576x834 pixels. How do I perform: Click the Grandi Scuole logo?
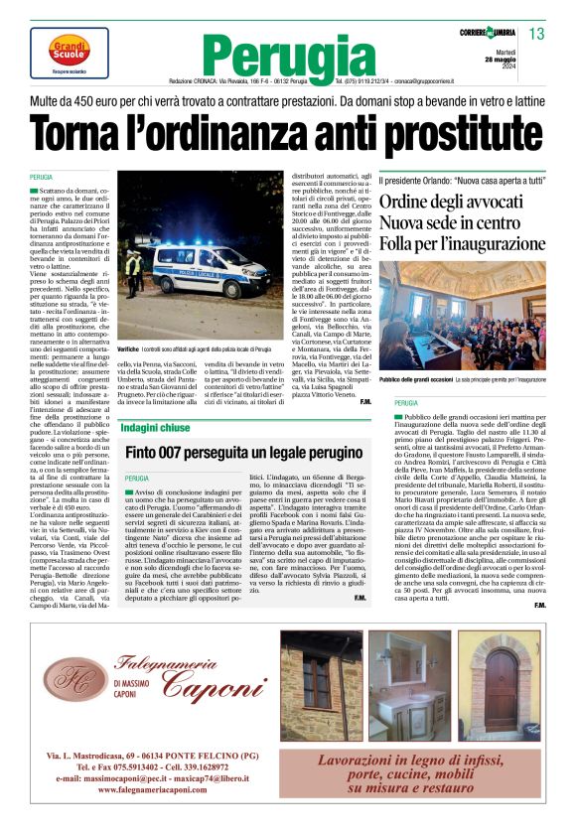pyautogui.click(x=69, y=49)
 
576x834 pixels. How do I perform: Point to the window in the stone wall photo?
pyautogui.click(x=318, y=679)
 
